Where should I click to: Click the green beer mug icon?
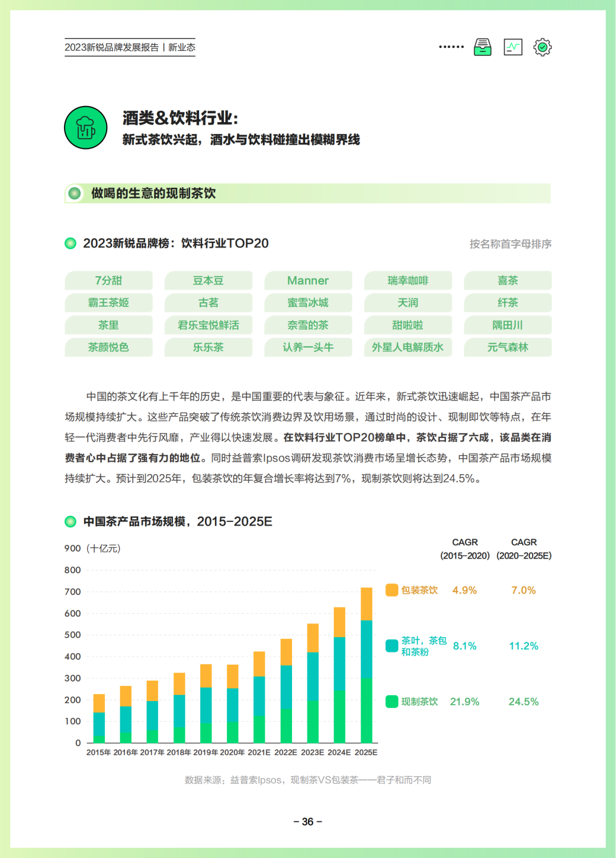pos(86,128)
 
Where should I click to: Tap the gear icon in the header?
pos(542,47)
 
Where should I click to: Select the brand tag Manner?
pos(308,281)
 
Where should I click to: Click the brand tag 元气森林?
pos(508,347)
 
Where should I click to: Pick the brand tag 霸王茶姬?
pos(108,303)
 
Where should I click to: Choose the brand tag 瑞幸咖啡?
pos(408,281)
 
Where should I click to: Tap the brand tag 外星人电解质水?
pos(408,347)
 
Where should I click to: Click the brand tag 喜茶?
pos(508,281)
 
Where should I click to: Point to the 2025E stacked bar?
pos(366,665)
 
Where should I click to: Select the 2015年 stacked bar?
pos(99,719)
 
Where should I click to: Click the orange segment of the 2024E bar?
pos(339,622)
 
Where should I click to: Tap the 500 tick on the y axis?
pos(72,635)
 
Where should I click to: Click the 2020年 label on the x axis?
pos(232,752)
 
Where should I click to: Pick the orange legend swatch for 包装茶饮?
pos(392,590)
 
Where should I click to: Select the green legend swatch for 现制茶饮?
pos(392,702)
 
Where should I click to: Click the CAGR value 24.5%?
pos(523,702)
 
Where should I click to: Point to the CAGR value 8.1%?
pos(464,646)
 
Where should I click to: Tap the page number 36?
pos(307,821)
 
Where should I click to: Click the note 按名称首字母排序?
pos(510,244)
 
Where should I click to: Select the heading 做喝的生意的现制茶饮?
pos(153,193)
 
